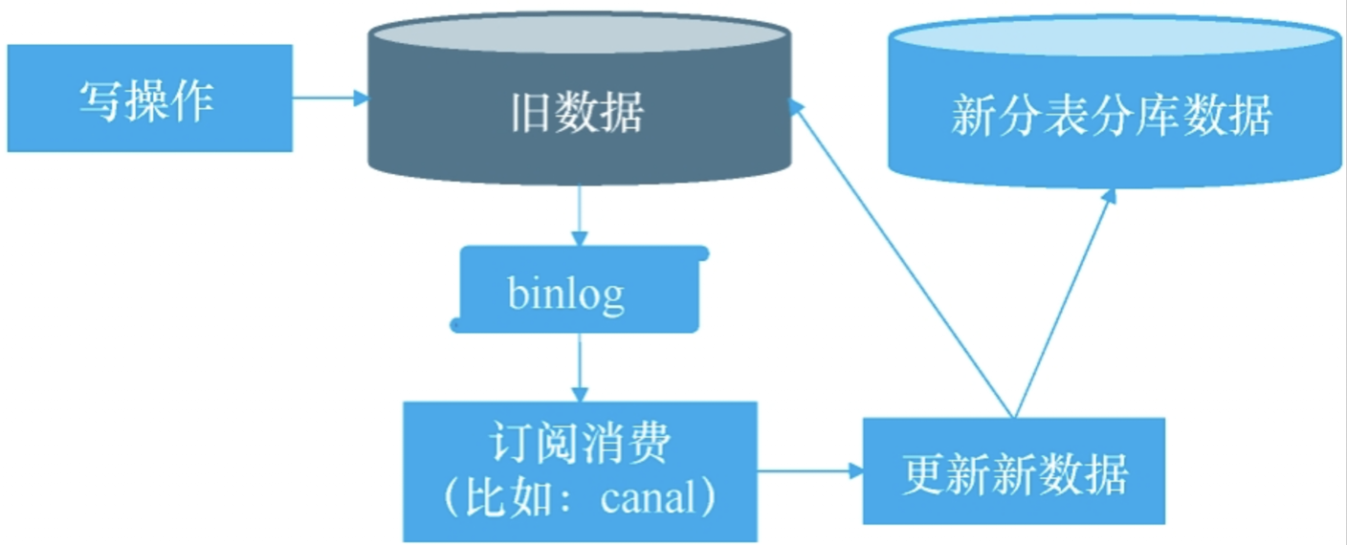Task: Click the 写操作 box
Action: click(x=149, y=98)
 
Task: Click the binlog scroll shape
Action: click(x=579, y=290)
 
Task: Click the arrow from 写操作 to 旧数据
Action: click(x=330, y=98)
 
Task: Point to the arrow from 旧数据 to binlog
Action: click(x=579, y=216)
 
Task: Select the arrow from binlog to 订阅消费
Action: click(x=579, y=367)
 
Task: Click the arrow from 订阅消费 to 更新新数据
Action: click(x=809, y=470)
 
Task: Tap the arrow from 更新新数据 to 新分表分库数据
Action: click(x=1062, y=302)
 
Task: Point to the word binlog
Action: click(x=566, y=294)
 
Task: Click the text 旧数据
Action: click(x=577, y=113)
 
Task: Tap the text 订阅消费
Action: click(x=580, y=445)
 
